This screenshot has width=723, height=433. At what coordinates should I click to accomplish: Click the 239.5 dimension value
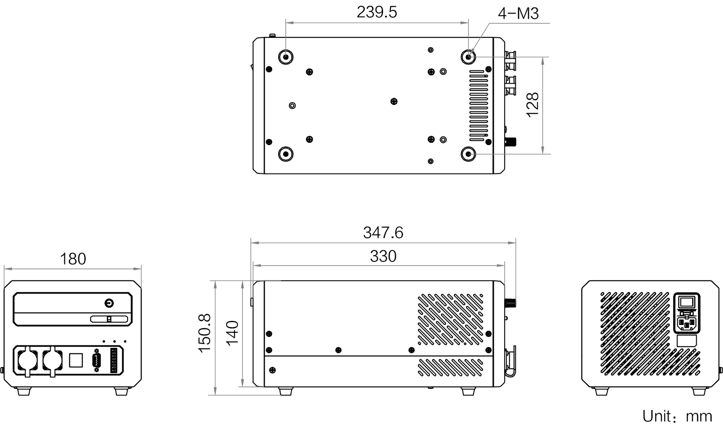[x=377, y=12]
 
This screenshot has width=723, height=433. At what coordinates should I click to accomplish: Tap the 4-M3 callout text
[x=518, y=13]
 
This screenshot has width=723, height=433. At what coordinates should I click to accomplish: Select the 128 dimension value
[x=532, y=105]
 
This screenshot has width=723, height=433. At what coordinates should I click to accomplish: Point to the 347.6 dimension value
[x=383, y=233]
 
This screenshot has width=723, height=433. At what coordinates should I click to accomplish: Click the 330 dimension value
[x=383, y=256]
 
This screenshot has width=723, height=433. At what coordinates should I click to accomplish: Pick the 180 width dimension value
[x=73, y=259]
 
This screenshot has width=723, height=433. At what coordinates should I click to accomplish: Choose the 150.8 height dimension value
[x=205, y=333]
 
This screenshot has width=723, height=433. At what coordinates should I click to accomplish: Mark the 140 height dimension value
[x=232, y=333]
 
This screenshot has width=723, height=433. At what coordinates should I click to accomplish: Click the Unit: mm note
[x=677, y=416]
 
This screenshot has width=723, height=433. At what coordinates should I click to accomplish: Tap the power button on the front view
[x=109, y=303]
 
